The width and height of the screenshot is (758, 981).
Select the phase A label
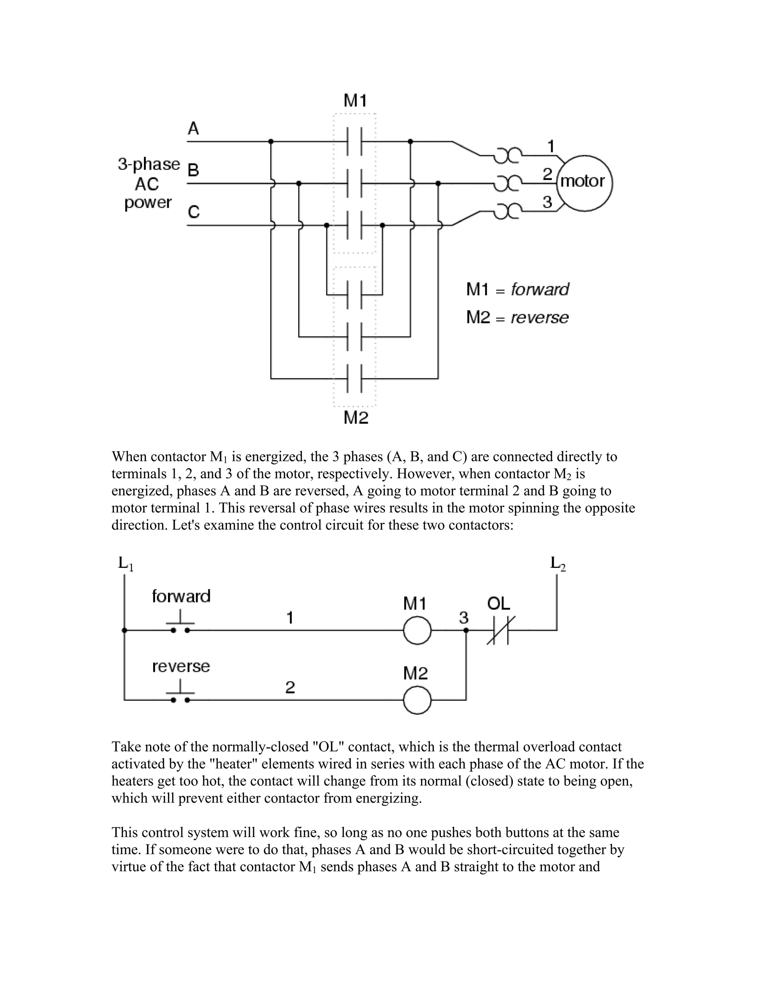coord(193,129)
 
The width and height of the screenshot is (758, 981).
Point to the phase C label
coord(194,211)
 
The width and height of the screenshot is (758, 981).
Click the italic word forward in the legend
coord(540,290)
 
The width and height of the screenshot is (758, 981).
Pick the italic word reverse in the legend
coord(539,318)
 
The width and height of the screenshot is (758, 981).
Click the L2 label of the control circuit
coord(558,563)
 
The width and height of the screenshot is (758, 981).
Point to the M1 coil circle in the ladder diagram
coord(417,630)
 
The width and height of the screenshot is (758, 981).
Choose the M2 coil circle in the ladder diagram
coord(417,700)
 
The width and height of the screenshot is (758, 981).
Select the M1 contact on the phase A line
coord(355,141)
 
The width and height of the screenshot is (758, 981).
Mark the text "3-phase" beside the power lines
coord(149,164)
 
